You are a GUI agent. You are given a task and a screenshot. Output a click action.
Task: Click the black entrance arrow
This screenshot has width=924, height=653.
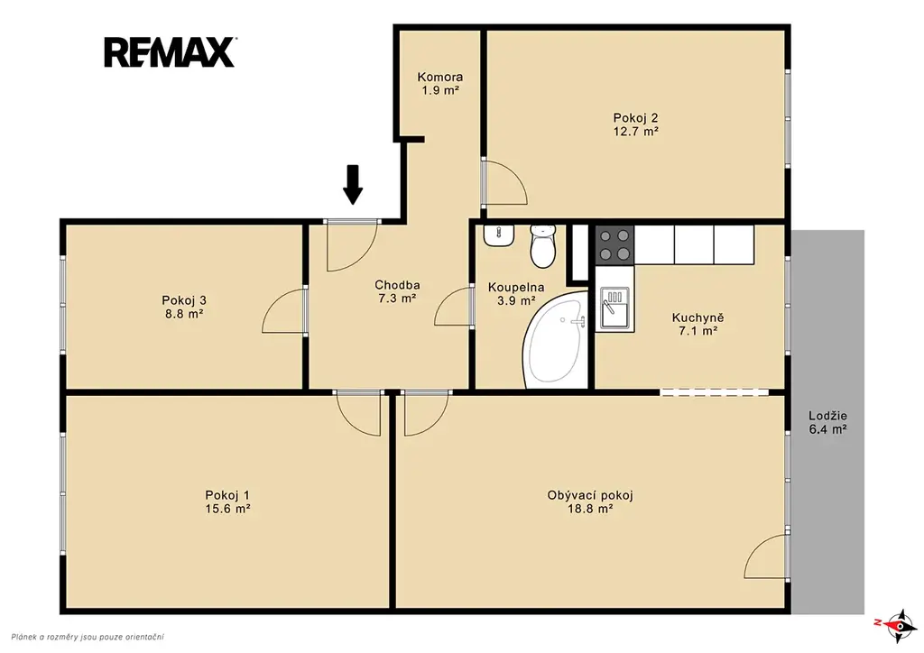click(x=353, y=184)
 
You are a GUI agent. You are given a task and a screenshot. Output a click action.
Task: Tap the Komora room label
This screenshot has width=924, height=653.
click(x=440, y=77)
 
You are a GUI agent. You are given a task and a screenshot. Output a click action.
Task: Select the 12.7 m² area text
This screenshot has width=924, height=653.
click(x=636, y=132)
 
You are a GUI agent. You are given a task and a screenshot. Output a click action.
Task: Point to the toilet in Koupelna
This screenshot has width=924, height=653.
click(x=542, y=245)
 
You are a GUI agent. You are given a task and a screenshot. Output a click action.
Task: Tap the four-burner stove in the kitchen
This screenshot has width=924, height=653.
click(x=614, y=244)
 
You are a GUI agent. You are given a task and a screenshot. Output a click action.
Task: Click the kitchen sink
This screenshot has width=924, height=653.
click(x=614, y=308)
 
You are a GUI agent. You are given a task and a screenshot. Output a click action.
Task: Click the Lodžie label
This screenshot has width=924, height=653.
click(x=828, y=416)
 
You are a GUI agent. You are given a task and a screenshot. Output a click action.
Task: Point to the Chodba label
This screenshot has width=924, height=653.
click(x=397, y=285)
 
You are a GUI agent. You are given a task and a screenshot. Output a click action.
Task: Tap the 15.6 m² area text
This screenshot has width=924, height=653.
click(x=227, y=509)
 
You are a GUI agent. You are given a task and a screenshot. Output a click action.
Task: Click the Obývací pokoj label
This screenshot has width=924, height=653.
click(x=590, y=495)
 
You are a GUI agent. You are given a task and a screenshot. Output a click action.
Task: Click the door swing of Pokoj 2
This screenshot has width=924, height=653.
click(x=504, y=182)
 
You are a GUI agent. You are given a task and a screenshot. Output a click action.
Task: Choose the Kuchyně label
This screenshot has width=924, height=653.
click(x=698, y=317)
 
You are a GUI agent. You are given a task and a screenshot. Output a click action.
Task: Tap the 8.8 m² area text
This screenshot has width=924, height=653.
click(x=184, y=314)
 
